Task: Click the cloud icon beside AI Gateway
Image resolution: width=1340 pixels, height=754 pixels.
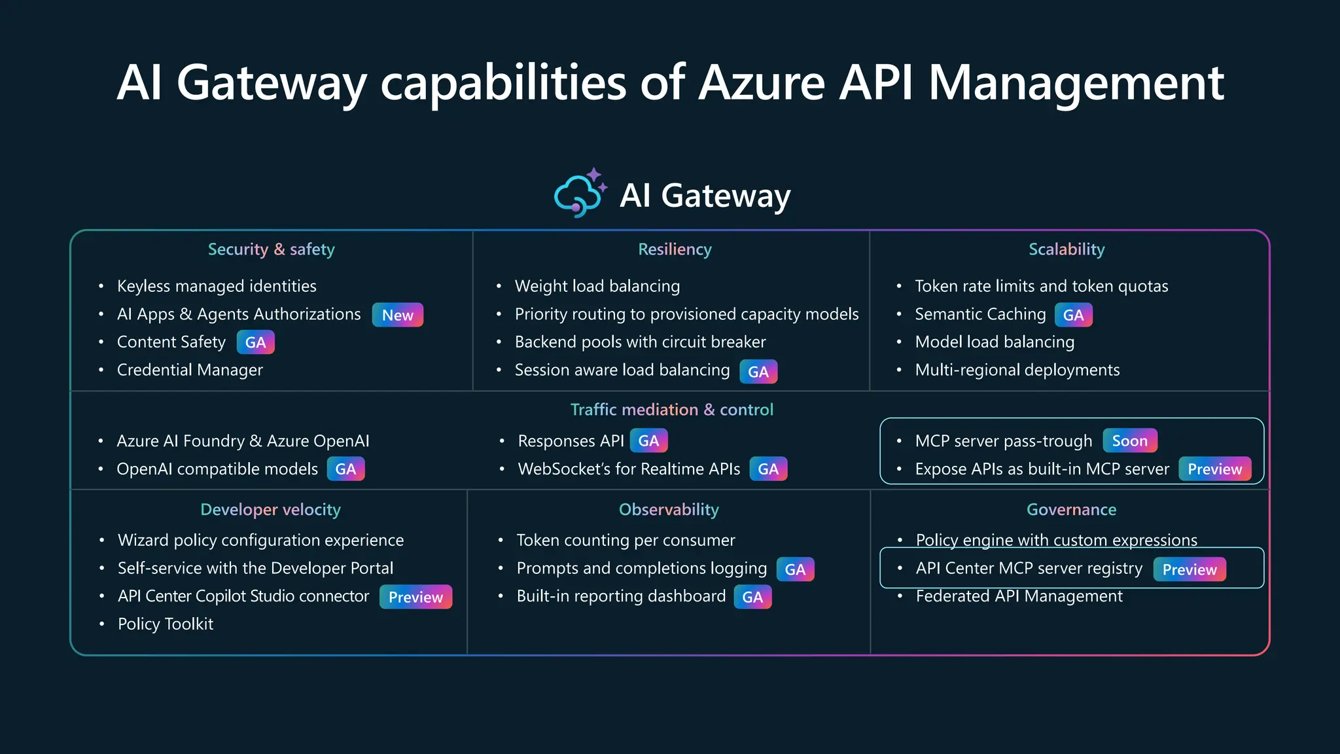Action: click(579, 194)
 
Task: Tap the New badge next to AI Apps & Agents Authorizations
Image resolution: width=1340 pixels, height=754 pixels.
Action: click(397, 315)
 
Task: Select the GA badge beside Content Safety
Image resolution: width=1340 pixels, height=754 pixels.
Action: click(255, 342)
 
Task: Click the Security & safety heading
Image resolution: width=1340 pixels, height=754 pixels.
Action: click(271, 249)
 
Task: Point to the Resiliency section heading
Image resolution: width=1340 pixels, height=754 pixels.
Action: click(675, 249)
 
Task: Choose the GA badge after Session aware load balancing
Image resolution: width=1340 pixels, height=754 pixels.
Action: click(758, 372)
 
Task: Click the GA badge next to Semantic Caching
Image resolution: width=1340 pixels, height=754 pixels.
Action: click(1073, 315)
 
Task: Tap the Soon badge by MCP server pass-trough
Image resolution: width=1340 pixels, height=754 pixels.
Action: click(1129, 440)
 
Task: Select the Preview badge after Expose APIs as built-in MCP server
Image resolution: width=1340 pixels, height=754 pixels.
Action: click(1214, 469)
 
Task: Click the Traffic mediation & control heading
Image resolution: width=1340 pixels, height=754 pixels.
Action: click(671, 410)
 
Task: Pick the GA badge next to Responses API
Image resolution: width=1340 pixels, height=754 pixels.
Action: click(648, 440)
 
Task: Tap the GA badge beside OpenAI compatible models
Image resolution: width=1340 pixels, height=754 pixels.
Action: click(345, 469)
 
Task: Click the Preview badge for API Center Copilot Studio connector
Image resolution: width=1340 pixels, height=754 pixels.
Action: click(415, 597)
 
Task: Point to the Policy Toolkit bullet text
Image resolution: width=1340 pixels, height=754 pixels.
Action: click(166, 624)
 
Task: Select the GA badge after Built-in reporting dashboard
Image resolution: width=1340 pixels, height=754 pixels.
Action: click(752, 597)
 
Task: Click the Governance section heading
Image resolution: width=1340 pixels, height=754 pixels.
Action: click(1071, 509)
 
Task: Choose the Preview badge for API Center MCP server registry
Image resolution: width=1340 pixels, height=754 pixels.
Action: click(1189, 569)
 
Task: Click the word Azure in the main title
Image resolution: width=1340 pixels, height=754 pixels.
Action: click(762, 83)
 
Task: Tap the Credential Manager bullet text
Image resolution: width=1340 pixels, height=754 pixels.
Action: click(190, 370)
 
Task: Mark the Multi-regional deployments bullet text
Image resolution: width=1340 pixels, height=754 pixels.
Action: click(1017, 370)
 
